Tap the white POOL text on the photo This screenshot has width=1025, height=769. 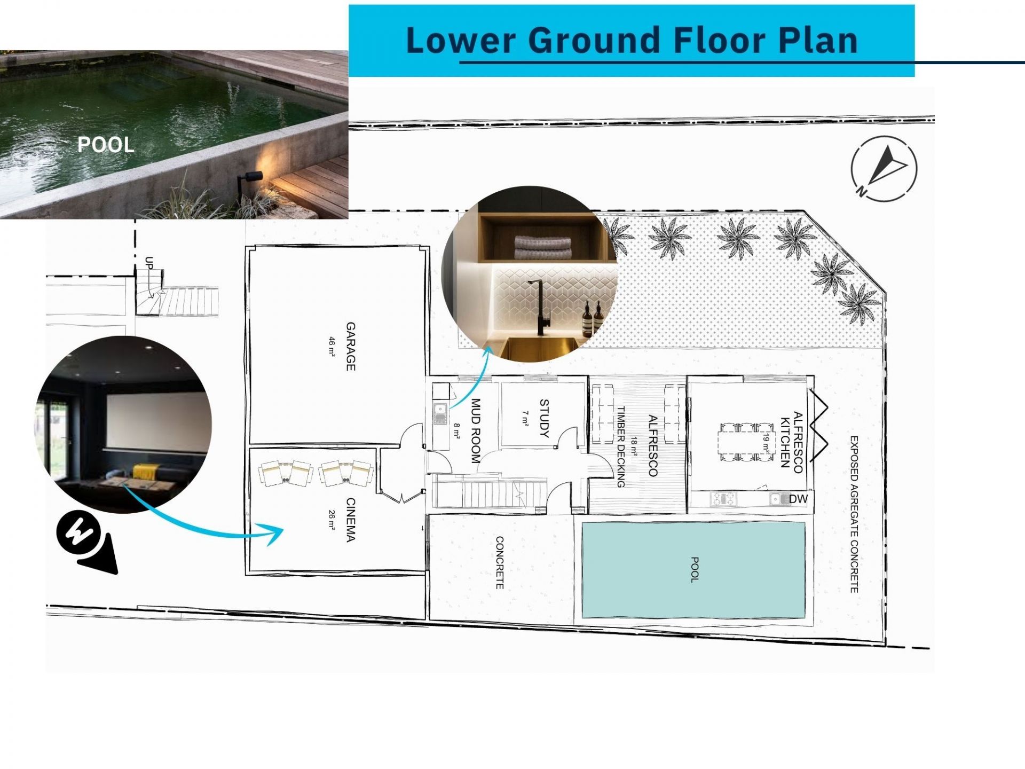(x=106, y=145)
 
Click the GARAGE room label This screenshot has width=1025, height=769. (x=351, y=346)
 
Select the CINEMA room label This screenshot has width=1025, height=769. (x=351, y=520)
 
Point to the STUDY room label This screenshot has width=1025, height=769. (x=544, y=418)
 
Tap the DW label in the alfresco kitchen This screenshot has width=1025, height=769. (x=798, y=499)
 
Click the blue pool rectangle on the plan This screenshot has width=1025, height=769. (x=693, y=570)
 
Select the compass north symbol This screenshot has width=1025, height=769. (x=884, y=169)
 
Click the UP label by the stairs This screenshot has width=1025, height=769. (x=149, y=263)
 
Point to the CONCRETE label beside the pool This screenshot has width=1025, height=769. (x=500, y=563)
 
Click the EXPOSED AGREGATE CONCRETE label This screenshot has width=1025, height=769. (x=854, y=514)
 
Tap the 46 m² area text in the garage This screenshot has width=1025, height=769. (x=332, y=346)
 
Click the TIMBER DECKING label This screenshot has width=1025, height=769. (x=621, y=447)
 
